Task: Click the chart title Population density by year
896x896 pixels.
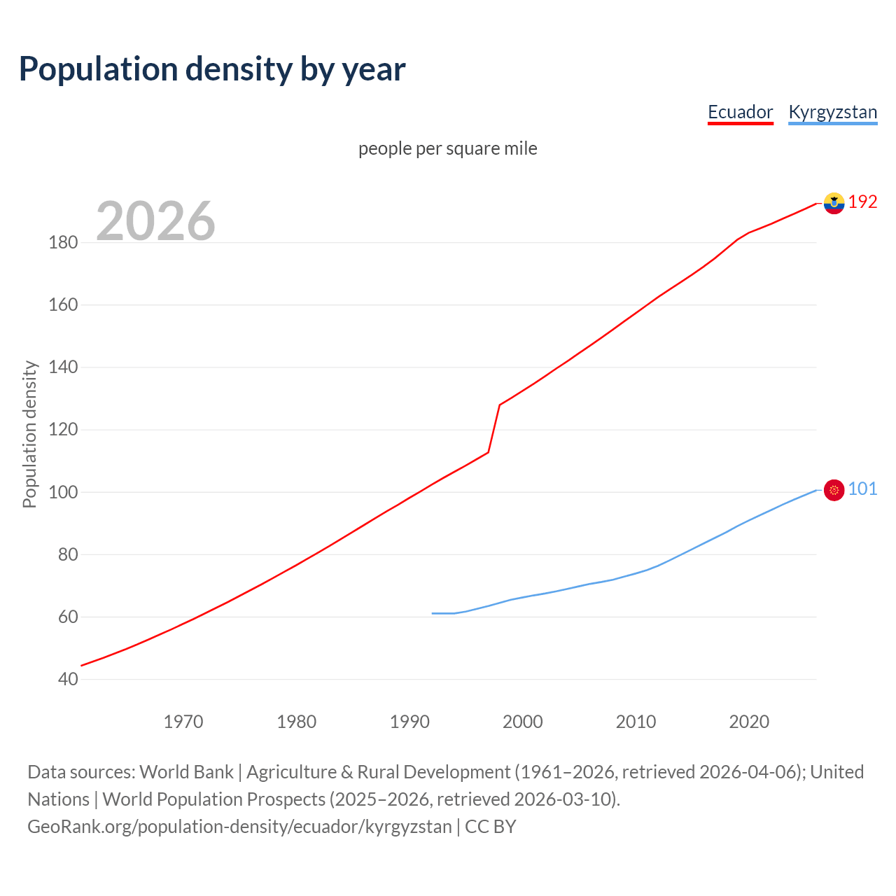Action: [x=212, y=69]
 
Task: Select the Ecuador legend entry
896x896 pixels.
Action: [x=740, y=112]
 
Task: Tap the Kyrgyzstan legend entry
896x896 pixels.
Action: [x=832, y=112]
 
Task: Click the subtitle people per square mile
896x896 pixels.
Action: [x=447, y=148]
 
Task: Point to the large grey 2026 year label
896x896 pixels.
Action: [x=155, y=221]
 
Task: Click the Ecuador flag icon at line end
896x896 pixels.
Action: [x=834, y=203]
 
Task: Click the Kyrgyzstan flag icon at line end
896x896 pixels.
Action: [x=834, y=490]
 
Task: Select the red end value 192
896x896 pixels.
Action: [x=862, y=202]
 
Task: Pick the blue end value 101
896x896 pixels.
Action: [x=862, y=489]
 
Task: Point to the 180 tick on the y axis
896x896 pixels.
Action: [x=63, y=243]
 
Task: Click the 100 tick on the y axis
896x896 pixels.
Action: [x=63, y=492]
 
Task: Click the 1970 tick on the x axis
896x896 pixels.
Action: [x=183, y=722]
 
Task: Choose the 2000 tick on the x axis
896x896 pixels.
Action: [x=522, y=722]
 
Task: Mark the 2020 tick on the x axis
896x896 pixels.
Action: [x=749, y=722]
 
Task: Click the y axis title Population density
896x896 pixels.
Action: [x=29, y=434]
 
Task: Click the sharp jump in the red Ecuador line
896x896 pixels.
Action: [x=494, y=428]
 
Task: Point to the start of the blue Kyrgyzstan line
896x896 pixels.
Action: [x=433, y=613]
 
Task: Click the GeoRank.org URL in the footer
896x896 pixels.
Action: [x=239, y=827]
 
